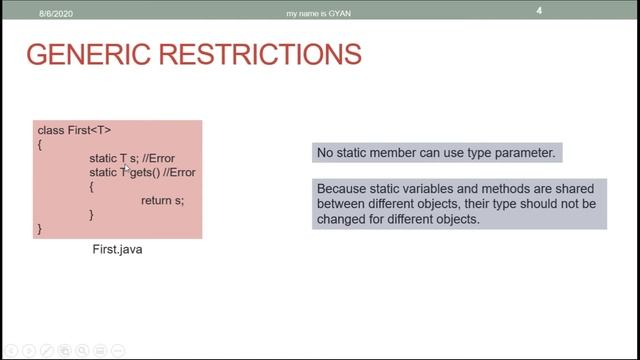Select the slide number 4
click(x=567, y=11)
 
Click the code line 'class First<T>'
click(x=74, y=131)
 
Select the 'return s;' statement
click(x=162, y=201)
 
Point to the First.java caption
click(x=117, y=249)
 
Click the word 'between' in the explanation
click(x=340, y=203)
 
